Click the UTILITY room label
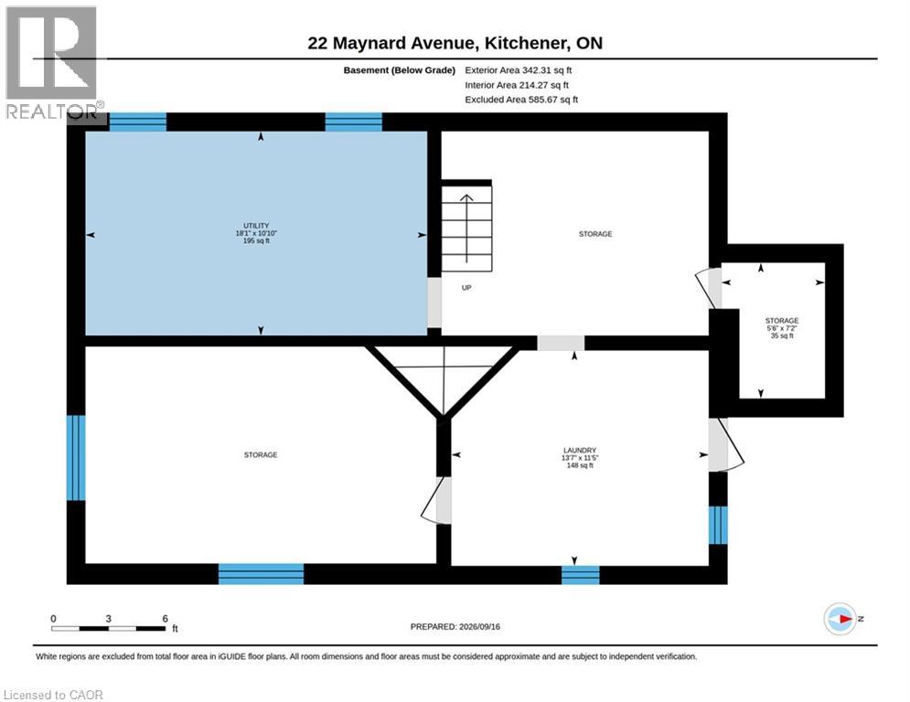coord(256,233)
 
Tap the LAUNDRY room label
coord(580,457)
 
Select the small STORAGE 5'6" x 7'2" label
coord(782,328)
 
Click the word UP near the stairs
coord(466,287)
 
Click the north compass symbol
coord(840,619)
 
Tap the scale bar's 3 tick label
coord(109,619)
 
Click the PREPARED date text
coord(455,626)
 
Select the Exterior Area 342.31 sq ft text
coord(519,70)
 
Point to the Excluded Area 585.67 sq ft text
coord(521,100)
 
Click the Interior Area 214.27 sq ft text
coord(517,85)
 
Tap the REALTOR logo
coord(52,63)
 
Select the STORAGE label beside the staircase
coord(595,234)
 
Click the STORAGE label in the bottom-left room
coord(261,455)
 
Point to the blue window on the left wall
coord(76,457)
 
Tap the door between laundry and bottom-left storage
coord(438,500)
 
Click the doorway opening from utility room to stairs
coord(434,302)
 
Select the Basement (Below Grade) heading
coord(400,70)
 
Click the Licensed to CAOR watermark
coord(53,695)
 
